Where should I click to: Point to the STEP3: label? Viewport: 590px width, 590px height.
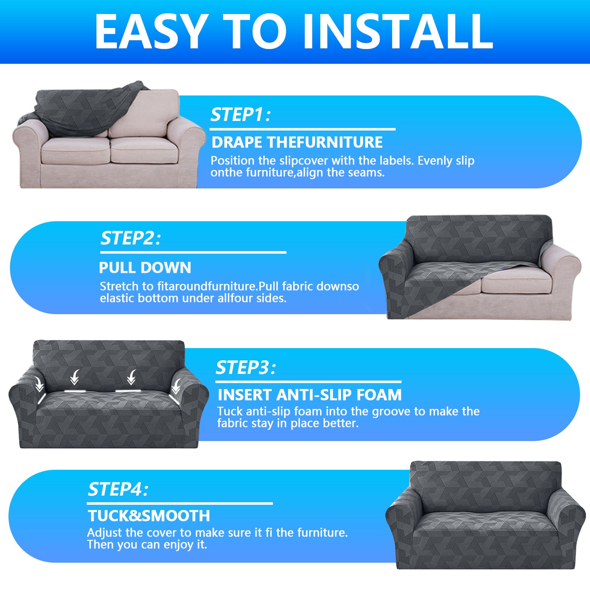tap(246, 368)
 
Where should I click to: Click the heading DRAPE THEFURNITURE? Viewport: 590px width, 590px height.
tap(297, 142)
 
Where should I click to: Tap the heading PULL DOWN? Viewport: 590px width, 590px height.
tap(145, 268)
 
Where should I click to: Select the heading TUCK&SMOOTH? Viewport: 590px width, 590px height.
tap(149, 516)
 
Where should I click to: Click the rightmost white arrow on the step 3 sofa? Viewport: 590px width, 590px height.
tap(176, 385)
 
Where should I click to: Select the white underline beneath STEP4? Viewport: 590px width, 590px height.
tap(180, 503)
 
